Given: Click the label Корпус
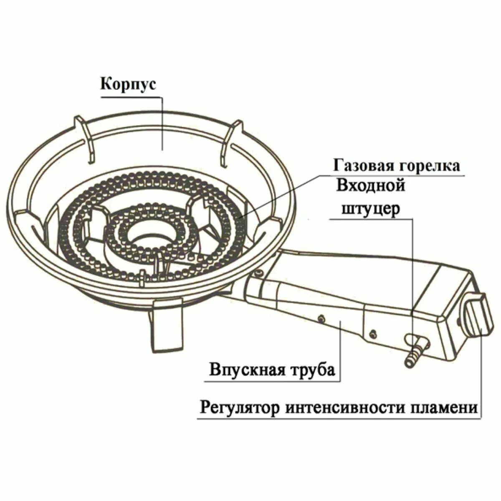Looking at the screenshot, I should [128, 84].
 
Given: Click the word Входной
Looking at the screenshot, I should [371, 185].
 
